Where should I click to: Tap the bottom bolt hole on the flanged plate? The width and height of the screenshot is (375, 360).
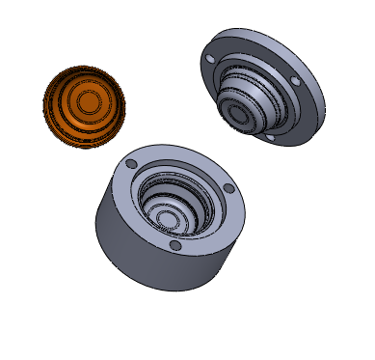pos(270,139)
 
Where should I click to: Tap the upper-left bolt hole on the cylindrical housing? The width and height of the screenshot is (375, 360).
pos(131,164)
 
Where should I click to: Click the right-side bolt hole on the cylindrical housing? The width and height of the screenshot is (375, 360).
pos(227,188)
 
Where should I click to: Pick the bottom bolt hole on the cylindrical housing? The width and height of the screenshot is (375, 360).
pos(174,245)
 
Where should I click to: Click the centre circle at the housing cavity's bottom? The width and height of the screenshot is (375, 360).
pos(166,218)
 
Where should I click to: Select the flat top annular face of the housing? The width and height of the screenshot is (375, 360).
pos(217,222)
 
